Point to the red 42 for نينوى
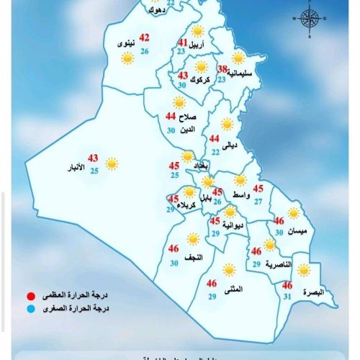145,38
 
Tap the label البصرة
313,292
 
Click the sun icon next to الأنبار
112,163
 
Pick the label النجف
194,257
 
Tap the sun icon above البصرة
305,271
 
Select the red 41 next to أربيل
183,42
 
